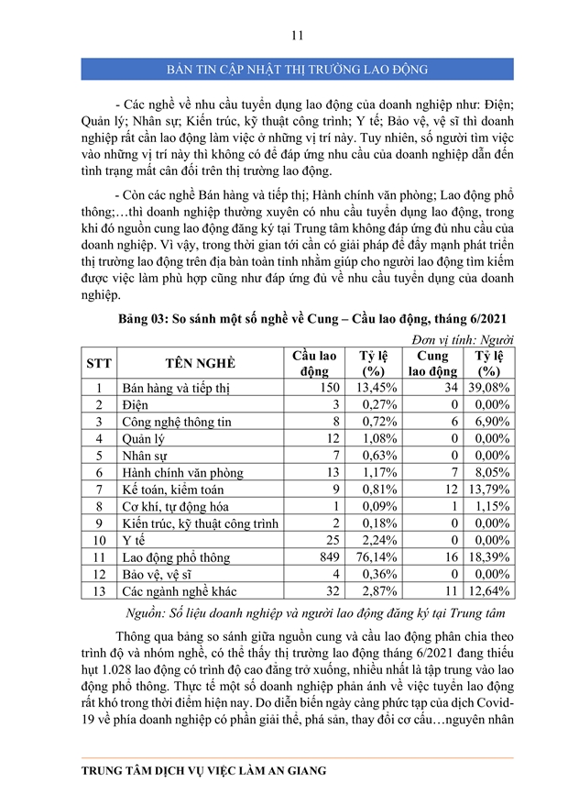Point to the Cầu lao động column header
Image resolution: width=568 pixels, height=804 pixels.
[314, 363]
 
